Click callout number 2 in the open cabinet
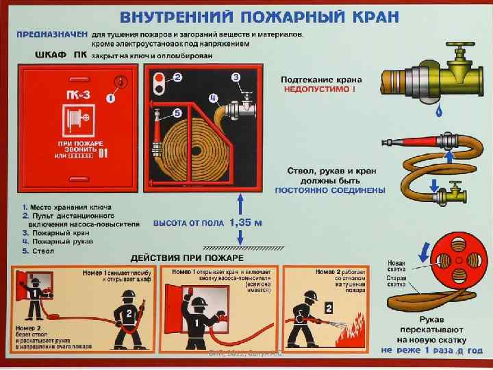(177, 78)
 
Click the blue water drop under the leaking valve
(439, 109)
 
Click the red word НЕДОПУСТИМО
(320, 89)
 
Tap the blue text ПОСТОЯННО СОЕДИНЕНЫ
(329, 190)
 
